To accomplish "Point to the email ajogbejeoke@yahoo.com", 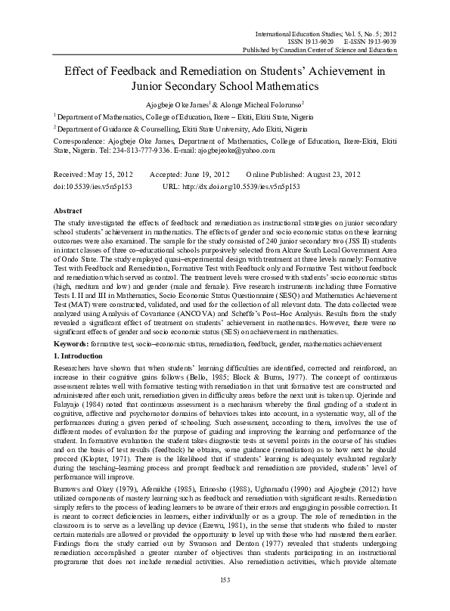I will click(x=200, y=150).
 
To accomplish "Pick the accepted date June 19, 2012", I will click(x=205, y=174).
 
